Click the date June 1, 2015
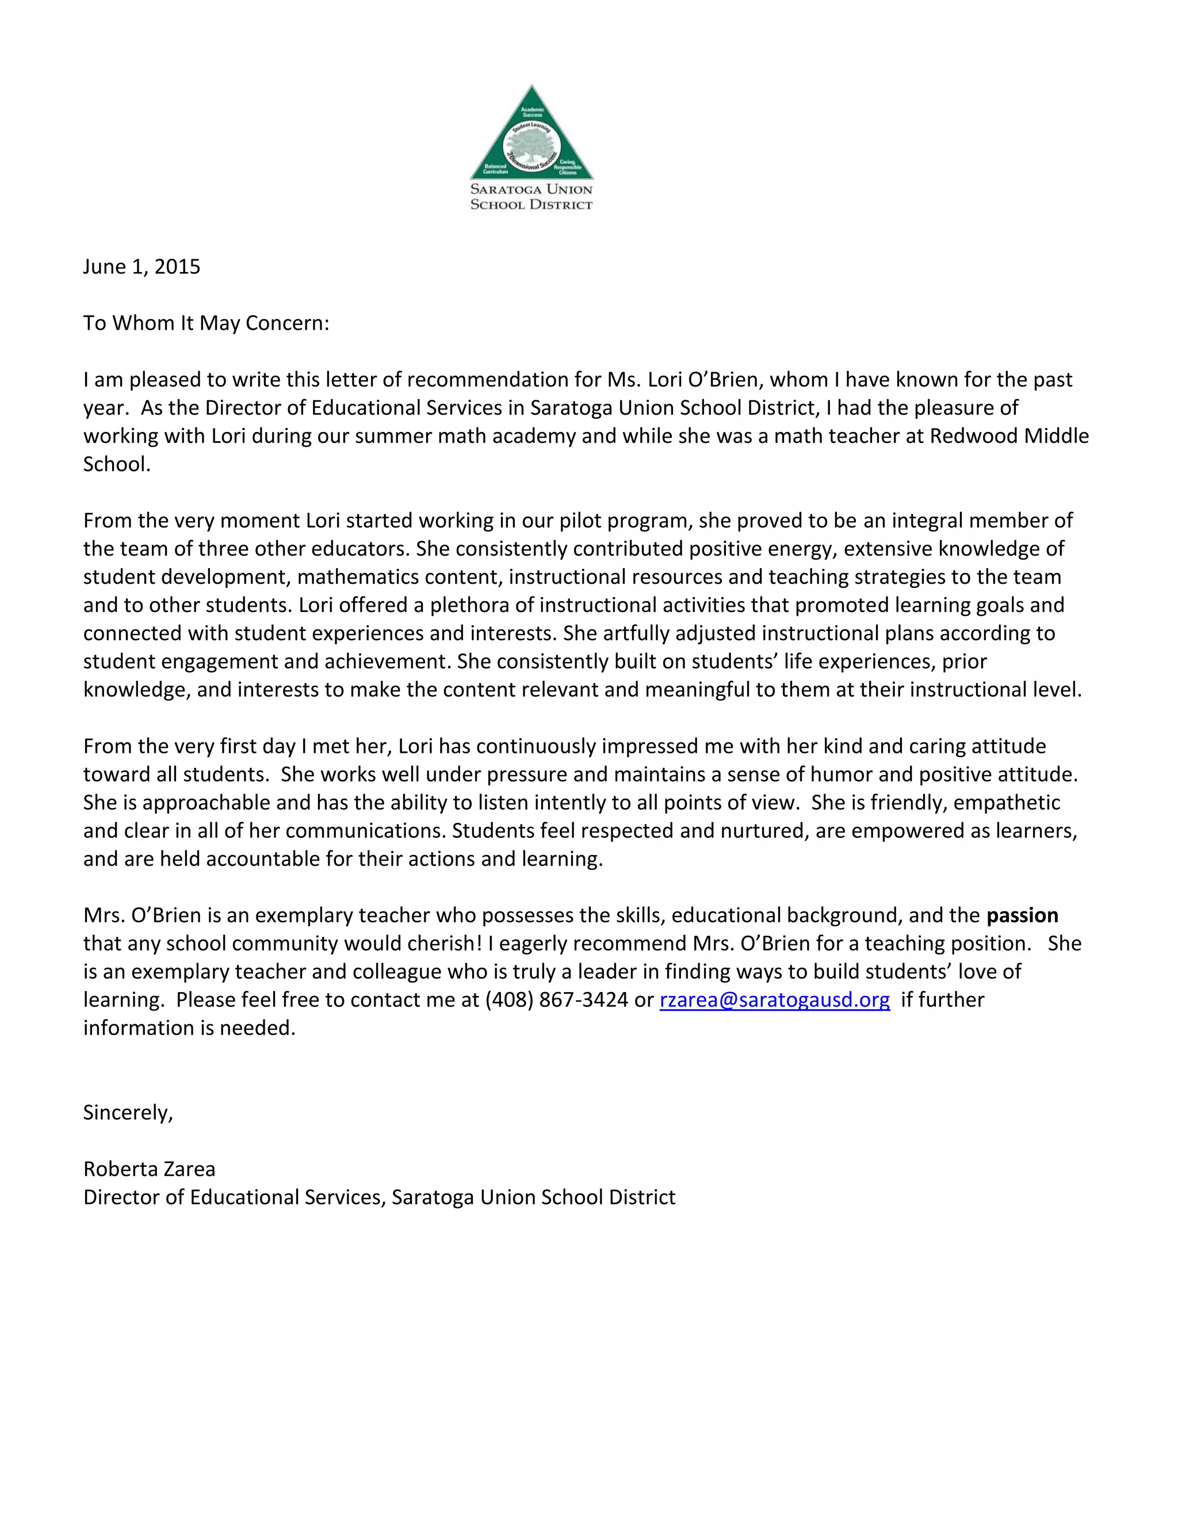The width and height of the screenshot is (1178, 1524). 141,267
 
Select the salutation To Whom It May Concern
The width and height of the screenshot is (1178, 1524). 206,323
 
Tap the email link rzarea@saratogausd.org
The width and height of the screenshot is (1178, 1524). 775,1000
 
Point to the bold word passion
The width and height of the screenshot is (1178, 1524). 1022,916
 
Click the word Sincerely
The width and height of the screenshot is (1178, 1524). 128,1112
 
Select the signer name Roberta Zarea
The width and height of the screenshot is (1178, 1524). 150,1169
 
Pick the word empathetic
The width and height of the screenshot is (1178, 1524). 1007,802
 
